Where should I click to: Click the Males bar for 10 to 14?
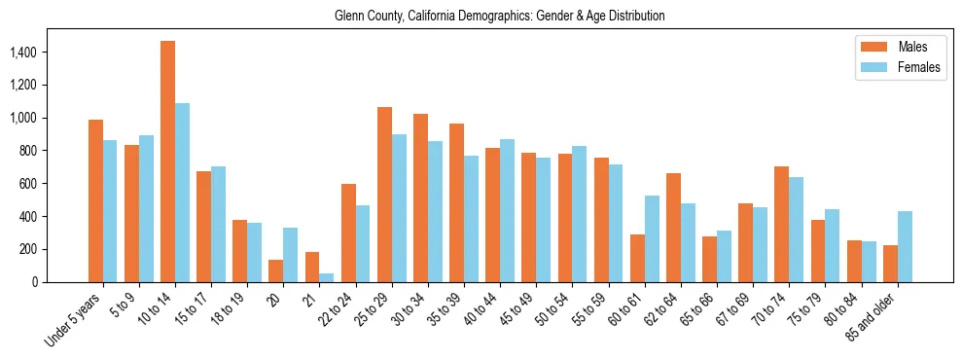click(167, 162)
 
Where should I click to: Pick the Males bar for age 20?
click(275, 270)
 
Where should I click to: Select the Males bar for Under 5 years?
click(95, 200)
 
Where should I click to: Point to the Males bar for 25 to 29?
click(384, 195)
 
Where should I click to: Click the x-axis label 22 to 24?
click(342, 309)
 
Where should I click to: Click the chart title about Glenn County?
click(499, 17)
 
